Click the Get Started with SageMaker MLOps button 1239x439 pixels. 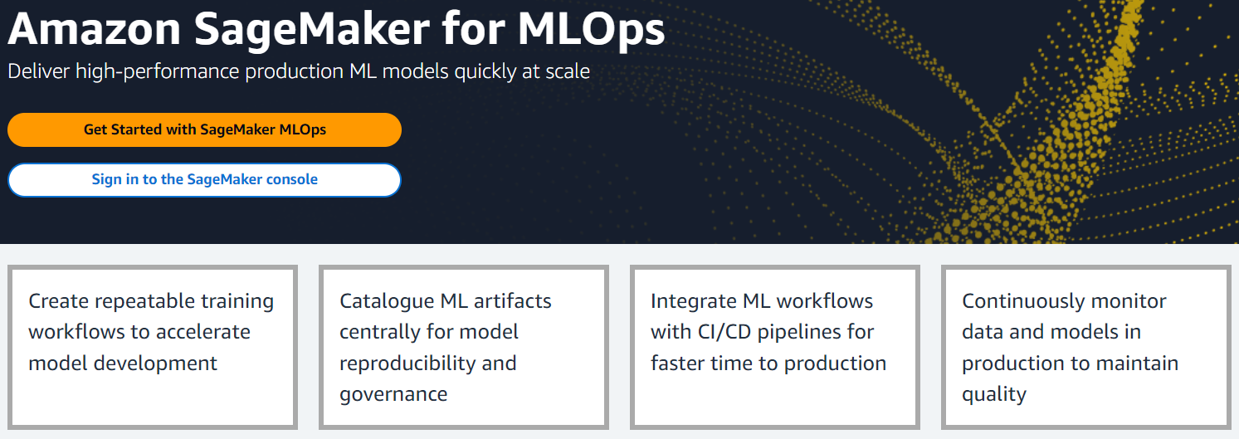[x=204, y=130]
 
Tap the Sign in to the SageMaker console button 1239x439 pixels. [x=204, y=180]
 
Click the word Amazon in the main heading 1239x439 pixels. [x=94, y=29]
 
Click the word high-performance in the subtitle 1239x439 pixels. [x=157, y=72]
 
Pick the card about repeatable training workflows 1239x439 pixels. [x=153, y=347]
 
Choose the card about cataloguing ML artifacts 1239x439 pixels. [x=464, y=347]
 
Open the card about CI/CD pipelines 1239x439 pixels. [x=775, y=347]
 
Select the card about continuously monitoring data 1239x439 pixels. [x=1085, y=347]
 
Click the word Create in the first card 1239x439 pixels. [x=59, y=301]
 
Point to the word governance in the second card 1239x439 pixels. [x=393, y=395]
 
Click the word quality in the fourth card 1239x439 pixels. [x=994, y=395]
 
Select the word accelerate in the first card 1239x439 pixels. [x=205, y=332]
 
